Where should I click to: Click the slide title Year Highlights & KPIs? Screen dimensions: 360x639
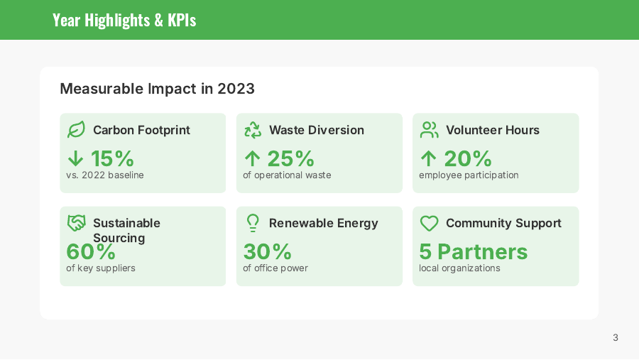[124, 20]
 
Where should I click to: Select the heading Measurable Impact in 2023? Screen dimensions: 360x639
[157, 89]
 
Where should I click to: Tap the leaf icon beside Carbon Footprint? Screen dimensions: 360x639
[76, 130]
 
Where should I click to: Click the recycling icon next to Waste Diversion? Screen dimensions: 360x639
[253, 130]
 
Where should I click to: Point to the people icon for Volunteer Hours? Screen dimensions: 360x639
[429, 130]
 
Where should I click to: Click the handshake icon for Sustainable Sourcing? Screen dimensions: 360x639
[76, 223]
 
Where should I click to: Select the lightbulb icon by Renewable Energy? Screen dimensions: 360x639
[253, 223]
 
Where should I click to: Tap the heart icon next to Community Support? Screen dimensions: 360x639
[429, 223]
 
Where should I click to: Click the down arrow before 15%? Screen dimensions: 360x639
[75, 158]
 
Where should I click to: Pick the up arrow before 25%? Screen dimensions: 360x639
[252, 158]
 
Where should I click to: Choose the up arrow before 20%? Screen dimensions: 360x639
[428, 158]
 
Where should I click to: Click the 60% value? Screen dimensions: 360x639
[91, 251]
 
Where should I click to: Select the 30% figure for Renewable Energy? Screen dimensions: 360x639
[268, 251]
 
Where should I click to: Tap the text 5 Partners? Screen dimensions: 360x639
[473, 251]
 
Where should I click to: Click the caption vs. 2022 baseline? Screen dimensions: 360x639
[105, 175]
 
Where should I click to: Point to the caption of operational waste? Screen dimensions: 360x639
[287, 175]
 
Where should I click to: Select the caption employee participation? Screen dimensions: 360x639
[469, 175]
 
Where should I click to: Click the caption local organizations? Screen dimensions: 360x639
[459, 268]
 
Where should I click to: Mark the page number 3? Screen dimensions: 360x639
[616, 337]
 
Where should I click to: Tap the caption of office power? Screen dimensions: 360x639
[275, 268]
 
